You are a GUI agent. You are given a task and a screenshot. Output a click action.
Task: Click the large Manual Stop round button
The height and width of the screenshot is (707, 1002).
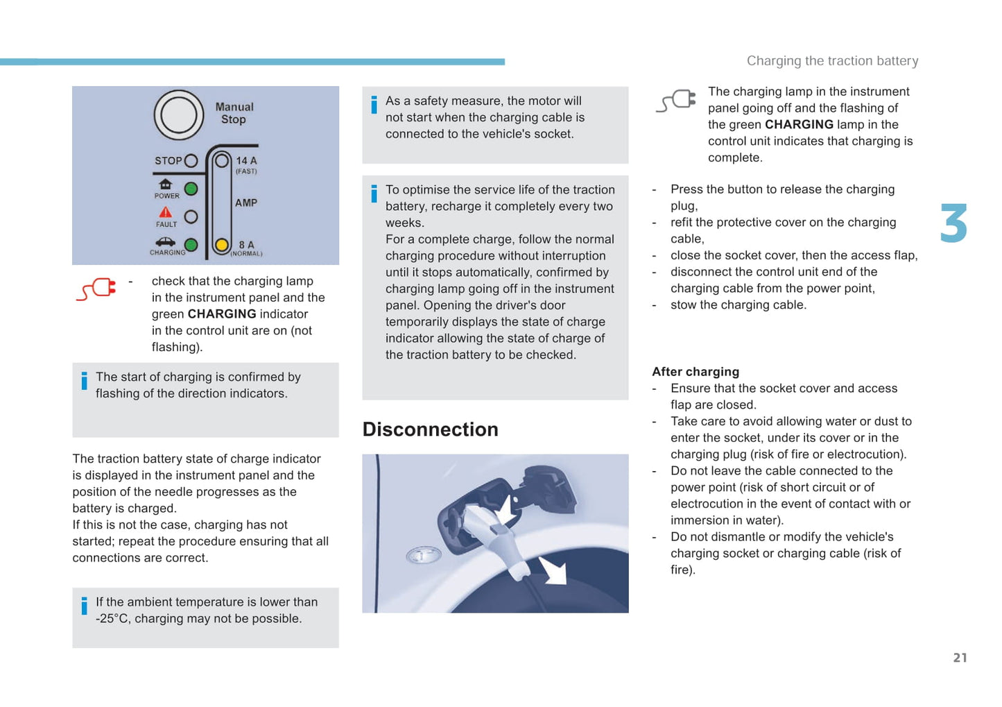(x=179, y=114)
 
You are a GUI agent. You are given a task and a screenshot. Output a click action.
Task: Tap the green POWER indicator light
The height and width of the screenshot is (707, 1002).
(x=191, y=189)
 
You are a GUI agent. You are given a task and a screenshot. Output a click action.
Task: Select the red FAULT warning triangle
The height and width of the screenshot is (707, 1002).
(x=165, y=212)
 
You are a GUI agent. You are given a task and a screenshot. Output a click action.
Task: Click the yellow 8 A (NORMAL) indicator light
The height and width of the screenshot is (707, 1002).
(x=222, y=244)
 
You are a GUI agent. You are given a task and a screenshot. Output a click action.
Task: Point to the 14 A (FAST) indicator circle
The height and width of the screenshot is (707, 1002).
(x=222, y=161)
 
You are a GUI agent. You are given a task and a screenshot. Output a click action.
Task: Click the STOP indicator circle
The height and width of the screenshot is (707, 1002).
(x=191, y=161)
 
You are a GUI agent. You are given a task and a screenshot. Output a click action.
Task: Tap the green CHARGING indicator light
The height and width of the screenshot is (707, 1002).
(x=191, y=245)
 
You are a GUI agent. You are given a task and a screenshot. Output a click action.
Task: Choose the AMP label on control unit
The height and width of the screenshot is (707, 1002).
(x=246, y=203)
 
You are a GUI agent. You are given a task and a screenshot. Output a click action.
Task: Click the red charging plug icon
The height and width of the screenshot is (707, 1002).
(x=96, y=289)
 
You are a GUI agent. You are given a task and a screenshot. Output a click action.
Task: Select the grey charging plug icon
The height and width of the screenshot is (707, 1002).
(x=675, y=101)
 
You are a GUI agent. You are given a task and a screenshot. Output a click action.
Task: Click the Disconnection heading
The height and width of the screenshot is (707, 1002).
(x=430, y=429)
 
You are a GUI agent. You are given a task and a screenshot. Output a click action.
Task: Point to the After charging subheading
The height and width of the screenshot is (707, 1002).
(x=696, y=372)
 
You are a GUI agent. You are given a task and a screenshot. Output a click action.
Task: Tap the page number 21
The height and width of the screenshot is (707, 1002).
(x=960, y=658)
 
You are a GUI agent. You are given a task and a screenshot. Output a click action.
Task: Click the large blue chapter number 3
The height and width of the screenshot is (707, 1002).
(x=953, y=223)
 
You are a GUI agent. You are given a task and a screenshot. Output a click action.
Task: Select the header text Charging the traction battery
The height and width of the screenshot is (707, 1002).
(x=832, y=61)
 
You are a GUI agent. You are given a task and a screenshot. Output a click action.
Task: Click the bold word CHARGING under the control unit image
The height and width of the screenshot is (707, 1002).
(x=222, y=314)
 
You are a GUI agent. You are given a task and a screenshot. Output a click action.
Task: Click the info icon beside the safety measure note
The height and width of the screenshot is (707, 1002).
(x=374, y=105)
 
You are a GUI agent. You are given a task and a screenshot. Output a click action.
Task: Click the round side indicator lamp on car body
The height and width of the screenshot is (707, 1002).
(x=423, y=555)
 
